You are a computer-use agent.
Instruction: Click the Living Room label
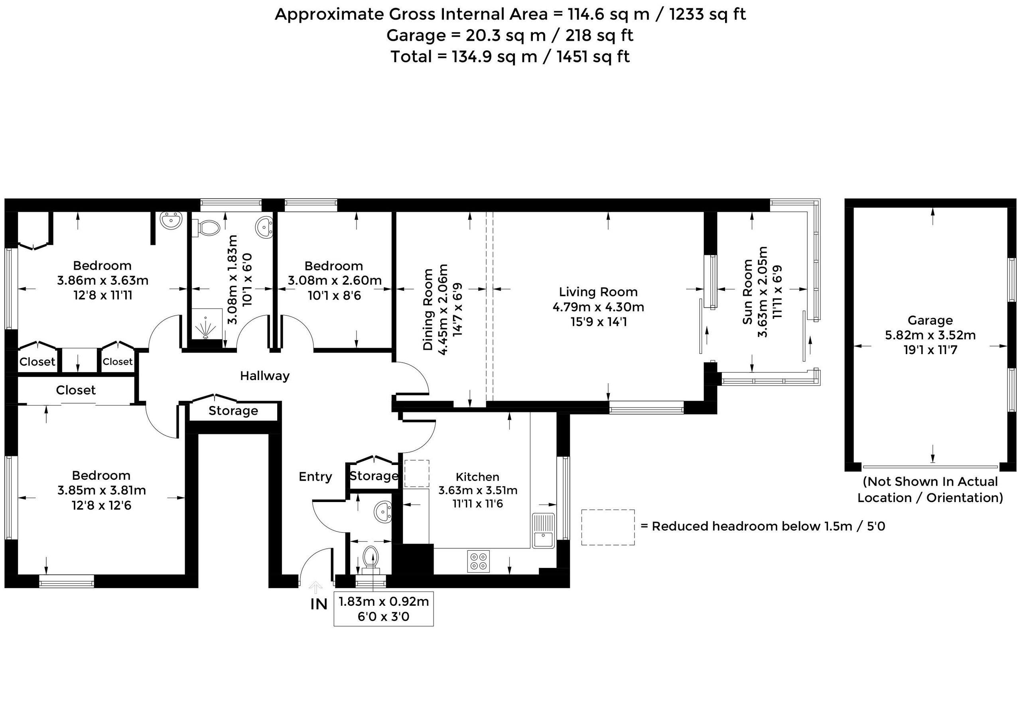(x=598, y=292)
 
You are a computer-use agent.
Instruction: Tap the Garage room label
(x=930, y=320)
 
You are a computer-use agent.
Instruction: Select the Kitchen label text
(x=477, y=477)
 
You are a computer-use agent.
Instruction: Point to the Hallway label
(x=265, y=376)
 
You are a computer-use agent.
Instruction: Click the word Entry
(x=315, y=477)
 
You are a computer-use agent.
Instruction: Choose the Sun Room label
(x=748, y=292)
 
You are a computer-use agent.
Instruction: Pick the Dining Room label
(x=428, y=309)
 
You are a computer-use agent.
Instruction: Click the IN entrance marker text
(x=319, y=604)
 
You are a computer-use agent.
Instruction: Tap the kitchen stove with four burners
(x=479, y=561)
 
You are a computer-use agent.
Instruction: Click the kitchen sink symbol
(x=543, y=531)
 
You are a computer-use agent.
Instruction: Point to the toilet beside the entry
(x=371, y=559)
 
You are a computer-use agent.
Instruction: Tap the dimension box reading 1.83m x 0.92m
(x=384, y=609)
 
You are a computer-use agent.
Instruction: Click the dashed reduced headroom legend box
(x=608, y=528)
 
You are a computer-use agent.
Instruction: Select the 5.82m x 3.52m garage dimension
(x=930, y=335)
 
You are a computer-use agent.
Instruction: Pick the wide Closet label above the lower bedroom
(x=76, y=390)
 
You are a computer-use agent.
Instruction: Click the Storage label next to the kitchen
(x=374, y=476)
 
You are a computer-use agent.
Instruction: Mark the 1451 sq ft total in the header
(x=593, y=57)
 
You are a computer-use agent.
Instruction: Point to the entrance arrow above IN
(x=316, y=587)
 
